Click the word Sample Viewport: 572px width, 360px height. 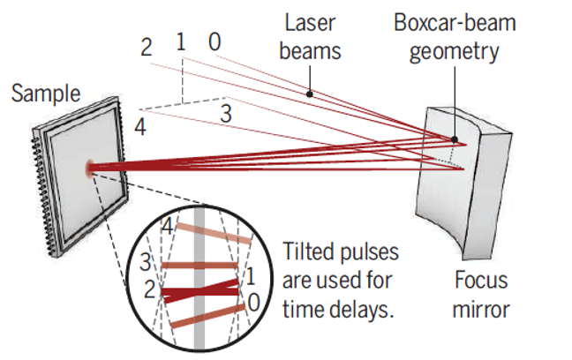tap(45, 94)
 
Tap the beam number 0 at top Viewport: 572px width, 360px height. tap(214, 41)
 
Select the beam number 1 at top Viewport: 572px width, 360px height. tap(181, 41)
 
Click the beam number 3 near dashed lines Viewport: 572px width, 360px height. tap(226, 112)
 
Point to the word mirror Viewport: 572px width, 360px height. tap(481, 310)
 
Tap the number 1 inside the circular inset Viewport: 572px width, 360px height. tap(251, 275)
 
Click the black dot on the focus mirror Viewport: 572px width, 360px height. tap(455, 139)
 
